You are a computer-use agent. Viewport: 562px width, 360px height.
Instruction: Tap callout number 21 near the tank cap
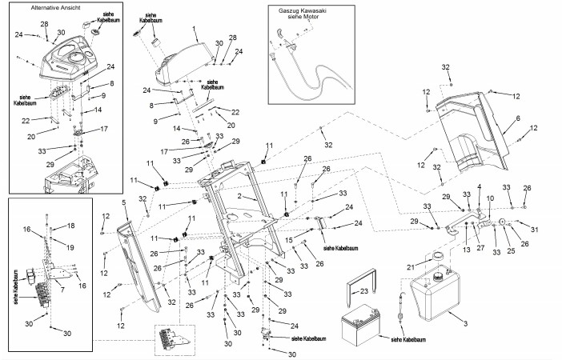click(409, 266)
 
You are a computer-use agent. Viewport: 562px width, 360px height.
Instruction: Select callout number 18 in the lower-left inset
click(70, 226)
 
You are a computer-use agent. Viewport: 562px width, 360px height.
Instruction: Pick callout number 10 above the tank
click(490, 197)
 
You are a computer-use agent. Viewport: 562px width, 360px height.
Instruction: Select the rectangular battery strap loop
click(350, 294)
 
